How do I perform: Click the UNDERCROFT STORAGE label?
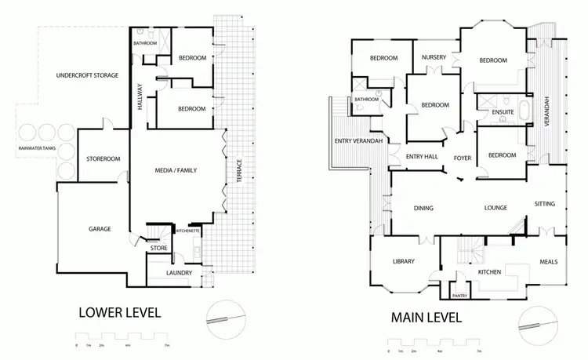pos(88,75)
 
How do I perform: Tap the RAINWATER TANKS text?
pos(35,147)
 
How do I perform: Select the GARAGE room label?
pos(100,229)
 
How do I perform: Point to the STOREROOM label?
pos(103,158)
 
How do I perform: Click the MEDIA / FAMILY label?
pos(176,167)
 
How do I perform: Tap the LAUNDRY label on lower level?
pos(180,273)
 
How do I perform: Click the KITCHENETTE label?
pos(189,231)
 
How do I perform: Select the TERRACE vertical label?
pos(239,170)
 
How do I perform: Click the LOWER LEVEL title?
pos(121,312)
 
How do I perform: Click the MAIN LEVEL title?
pos(426,318)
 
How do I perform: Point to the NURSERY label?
pos(434,57)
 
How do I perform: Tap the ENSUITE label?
pos(503,113)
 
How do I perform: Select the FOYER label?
pos(463,157)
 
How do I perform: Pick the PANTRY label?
pos(460,296)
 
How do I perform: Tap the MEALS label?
pos(549,261)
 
